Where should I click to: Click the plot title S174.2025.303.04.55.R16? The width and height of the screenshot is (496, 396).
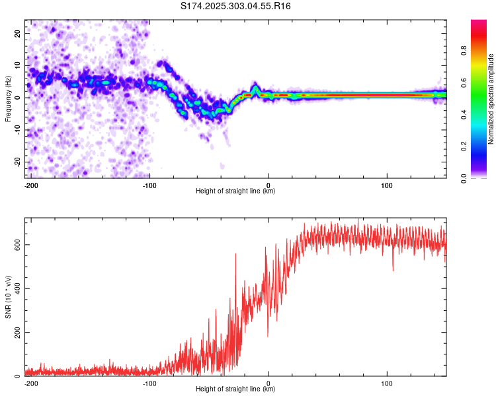(236, 6)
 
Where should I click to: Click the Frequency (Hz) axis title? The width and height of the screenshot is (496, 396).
(8, 98)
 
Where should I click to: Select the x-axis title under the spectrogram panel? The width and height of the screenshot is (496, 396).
(235, 191)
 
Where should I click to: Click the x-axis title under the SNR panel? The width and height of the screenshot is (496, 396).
(235, 389)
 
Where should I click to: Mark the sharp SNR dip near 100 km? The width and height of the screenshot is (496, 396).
(393, 269)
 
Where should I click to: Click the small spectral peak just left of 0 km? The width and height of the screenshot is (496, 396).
(256, 87)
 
